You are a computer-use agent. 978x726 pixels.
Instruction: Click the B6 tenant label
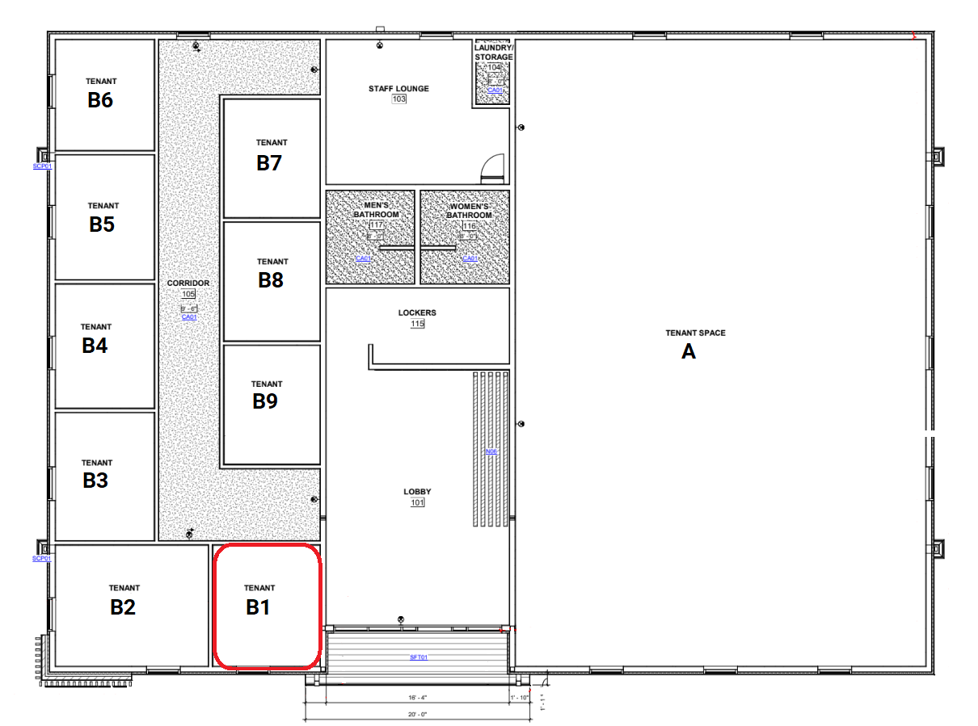click(x=100, y=101)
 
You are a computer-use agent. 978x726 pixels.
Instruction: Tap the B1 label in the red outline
click(x=258, y=608)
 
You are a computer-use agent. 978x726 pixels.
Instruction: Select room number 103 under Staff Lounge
click(x=398, y=99)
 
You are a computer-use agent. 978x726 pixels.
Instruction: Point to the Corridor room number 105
click(x=188, y=295)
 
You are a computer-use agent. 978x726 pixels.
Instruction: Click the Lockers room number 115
click(x=417, y=324)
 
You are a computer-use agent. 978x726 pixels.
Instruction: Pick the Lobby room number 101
click(x=417, y=502)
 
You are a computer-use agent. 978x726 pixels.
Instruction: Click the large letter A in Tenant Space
click(x=689, y=352)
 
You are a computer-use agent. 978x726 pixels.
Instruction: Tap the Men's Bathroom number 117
click(x=376, y=225)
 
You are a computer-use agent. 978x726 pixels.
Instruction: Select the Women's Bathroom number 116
click(x=470, y=226)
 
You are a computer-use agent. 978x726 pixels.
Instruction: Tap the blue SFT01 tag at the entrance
click(x=418, y=657)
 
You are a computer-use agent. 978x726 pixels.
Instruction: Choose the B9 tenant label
click(x=265, y=401)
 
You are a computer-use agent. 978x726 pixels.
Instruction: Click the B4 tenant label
click(x=95, y=346)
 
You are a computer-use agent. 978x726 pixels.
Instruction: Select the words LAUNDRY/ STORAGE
click(x=494, y=52)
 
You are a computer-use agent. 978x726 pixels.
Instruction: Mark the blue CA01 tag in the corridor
click(x=189, y=317)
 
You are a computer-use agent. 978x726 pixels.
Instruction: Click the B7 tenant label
click(x=269, y=163)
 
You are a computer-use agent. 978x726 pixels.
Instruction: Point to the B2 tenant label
click(x=123, y=608)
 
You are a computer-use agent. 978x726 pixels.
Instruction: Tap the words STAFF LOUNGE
click(x=398, y=89)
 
